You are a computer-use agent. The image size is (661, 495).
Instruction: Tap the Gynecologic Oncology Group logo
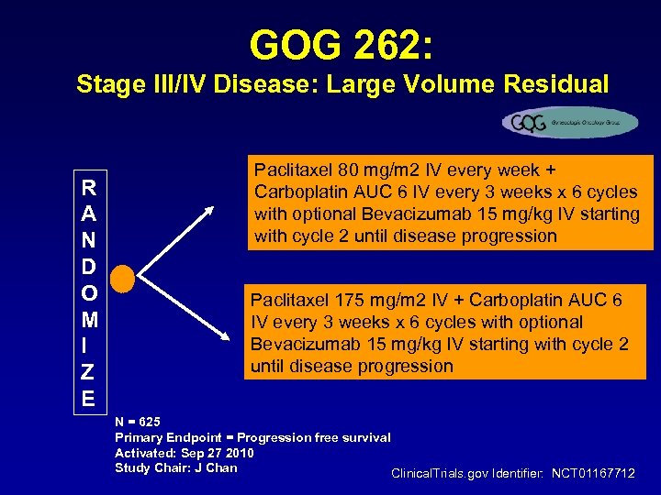[569, 122]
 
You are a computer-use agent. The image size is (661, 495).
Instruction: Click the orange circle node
[123, 278]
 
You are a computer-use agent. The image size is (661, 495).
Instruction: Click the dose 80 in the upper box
[344, 170]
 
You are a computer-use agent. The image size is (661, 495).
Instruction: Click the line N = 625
[138, 422]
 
